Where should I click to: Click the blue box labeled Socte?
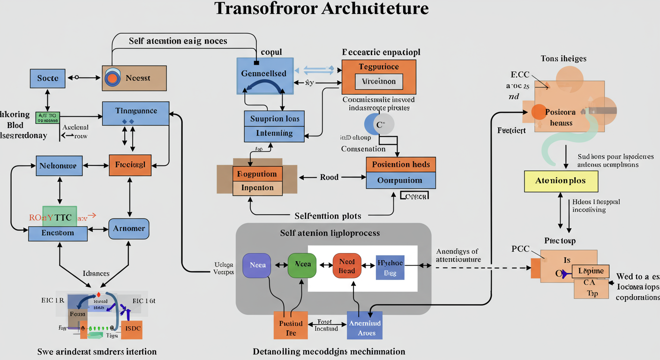point(48,78)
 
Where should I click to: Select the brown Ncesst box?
point(135,78)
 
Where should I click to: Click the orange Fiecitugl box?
point(130,165)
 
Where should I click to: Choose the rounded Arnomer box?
point(129,229)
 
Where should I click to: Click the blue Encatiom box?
point(58,233)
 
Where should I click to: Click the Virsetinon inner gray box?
point(379,82)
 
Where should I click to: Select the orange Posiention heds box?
point(401,165)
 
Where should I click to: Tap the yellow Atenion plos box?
point(561,181)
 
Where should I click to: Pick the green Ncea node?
point(302,265)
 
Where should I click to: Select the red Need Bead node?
point(347,265)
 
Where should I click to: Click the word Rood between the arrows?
point(329,178)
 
